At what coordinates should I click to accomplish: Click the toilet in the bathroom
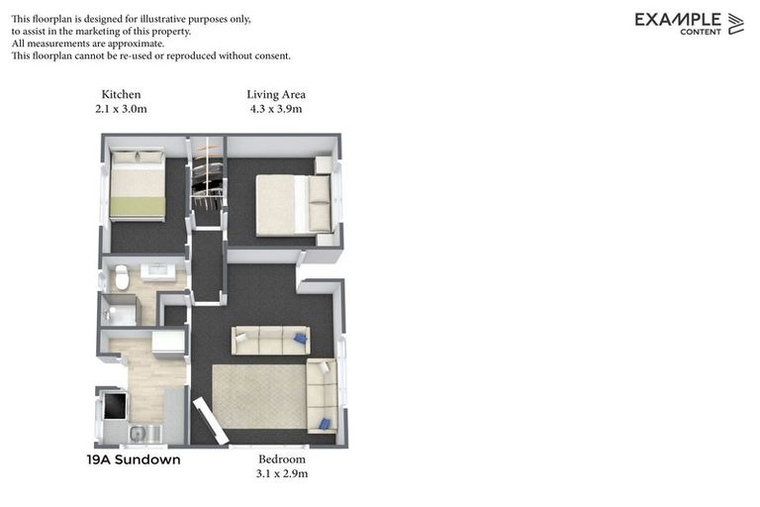[x=122, y=277]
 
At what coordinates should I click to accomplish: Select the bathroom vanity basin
[x=157, y=270]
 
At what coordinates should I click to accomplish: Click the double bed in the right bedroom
[x=294, y=204]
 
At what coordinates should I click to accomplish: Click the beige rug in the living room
[x=259, y=396]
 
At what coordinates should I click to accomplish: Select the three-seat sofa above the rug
[x=270, y=341]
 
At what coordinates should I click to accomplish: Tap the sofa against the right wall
[x=322, y=396]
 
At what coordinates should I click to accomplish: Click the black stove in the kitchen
[x=115, y=405]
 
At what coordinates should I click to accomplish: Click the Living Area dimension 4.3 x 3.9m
[x=276, y=109]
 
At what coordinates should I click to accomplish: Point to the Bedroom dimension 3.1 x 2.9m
[x=282, y=473]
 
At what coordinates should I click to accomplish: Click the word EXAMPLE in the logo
[x=677, y=19]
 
